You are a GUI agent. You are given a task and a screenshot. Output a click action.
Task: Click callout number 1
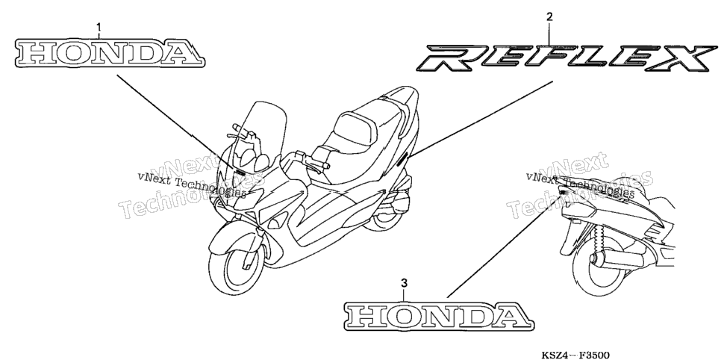click(99, 29)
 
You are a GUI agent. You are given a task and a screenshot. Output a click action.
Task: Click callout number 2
click(549, 17)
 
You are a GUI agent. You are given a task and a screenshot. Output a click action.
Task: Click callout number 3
click(404, 283)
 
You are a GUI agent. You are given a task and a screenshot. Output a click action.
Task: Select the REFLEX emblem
click(566, 58)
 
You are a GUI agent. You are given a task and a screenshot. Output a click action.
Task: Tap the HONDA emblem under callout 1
click(110, 52)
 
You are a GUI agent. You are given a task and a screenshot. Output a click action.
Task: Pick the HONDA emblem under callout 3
click(439, 316)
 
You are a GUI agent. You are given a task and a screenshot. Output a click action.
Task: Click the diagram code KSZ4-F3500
click(575, 355)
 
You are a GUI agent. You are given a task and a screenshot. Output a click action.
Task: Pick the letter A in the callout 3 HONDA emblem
click(510, 317)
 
